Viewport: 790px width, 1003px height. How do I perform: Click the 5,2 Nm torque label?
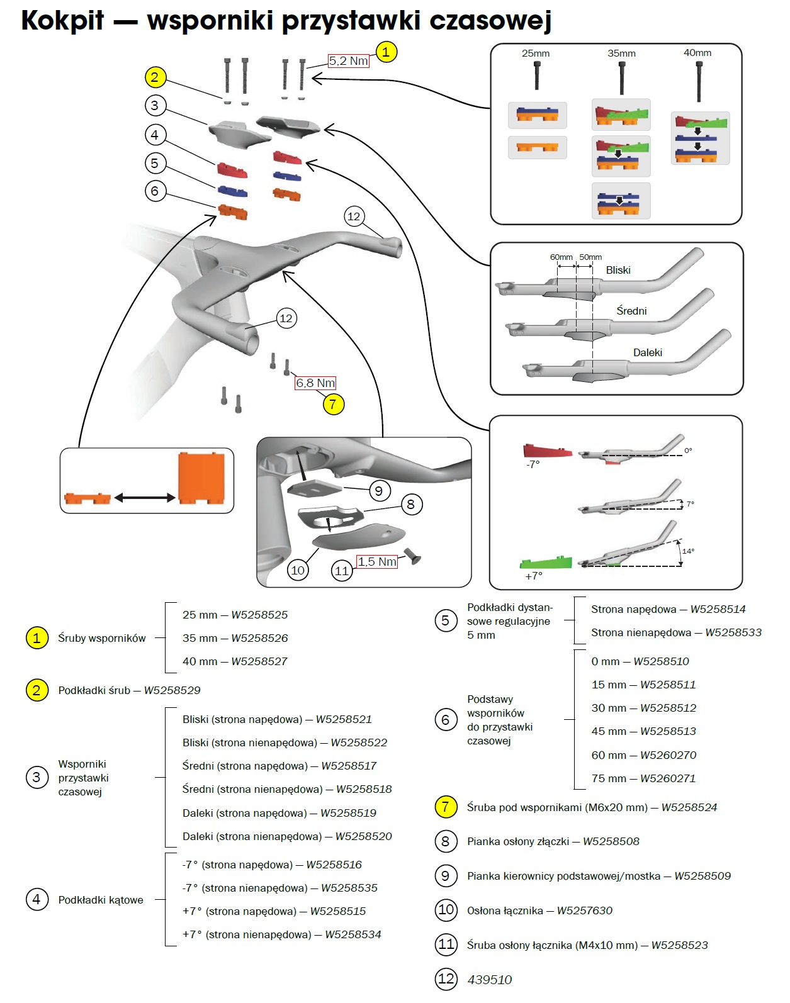click(348, 60)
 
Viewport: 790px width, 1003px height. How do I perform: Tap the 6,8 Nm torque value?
click(315, 383)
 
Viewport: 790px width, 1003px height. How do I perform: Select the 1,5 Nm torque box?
click(377, 561)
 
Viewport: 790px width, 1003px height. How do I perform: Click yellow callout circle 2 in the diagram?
click(155, 77)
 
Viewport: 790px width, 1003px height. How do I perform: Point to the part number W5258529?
click(172, 690)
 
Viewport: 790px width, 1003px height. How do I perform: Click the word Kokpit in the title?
click(62, 20)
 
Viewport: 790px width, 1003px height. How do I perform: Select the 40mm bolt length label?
click(697, 53)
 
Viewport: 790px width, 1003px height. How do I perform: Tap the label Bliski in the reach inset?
click(618, 270)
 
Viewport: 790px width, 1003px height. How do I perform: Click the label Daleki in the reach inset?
click(648, 352)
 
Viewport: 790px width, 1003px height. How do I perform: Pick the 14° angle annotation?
click(688, 551)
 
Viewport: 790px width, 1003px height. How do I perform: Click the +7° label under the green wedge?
click(534, 576)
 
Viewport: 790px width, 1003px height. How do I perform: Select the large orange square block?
click(201, 478)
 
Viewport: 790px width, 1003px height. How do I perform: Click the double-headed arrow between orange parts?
click(144, 498)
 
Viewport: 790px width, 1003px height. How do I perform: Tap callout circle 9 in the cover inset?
click(378, 491)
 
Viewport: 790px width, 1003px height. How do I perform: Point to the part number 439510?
click(490, 980)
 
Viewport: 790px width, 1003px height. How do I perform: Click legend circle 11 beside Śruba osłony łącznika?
click(446, 944)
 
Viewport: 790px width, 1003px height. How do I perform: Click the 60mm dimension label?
click(561, 257)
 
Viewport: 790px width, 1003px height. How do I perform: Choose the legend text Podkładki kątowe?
click(101, 900)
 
